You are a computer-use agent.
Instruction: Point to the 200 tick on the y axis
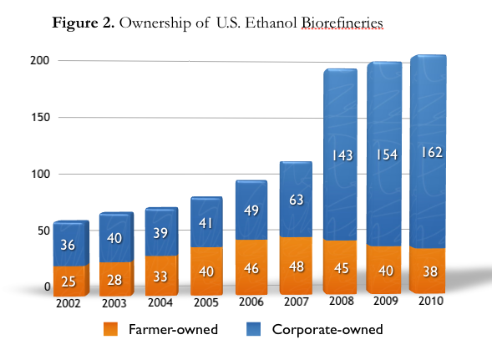coord(40,61)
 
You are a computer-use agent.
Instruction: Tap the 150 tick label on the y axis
coord(40,118)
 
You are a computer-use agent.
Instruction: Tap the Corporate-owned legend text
coord(327,329)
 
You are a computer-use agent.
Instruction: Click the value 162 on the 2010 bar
coord(433,152)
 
